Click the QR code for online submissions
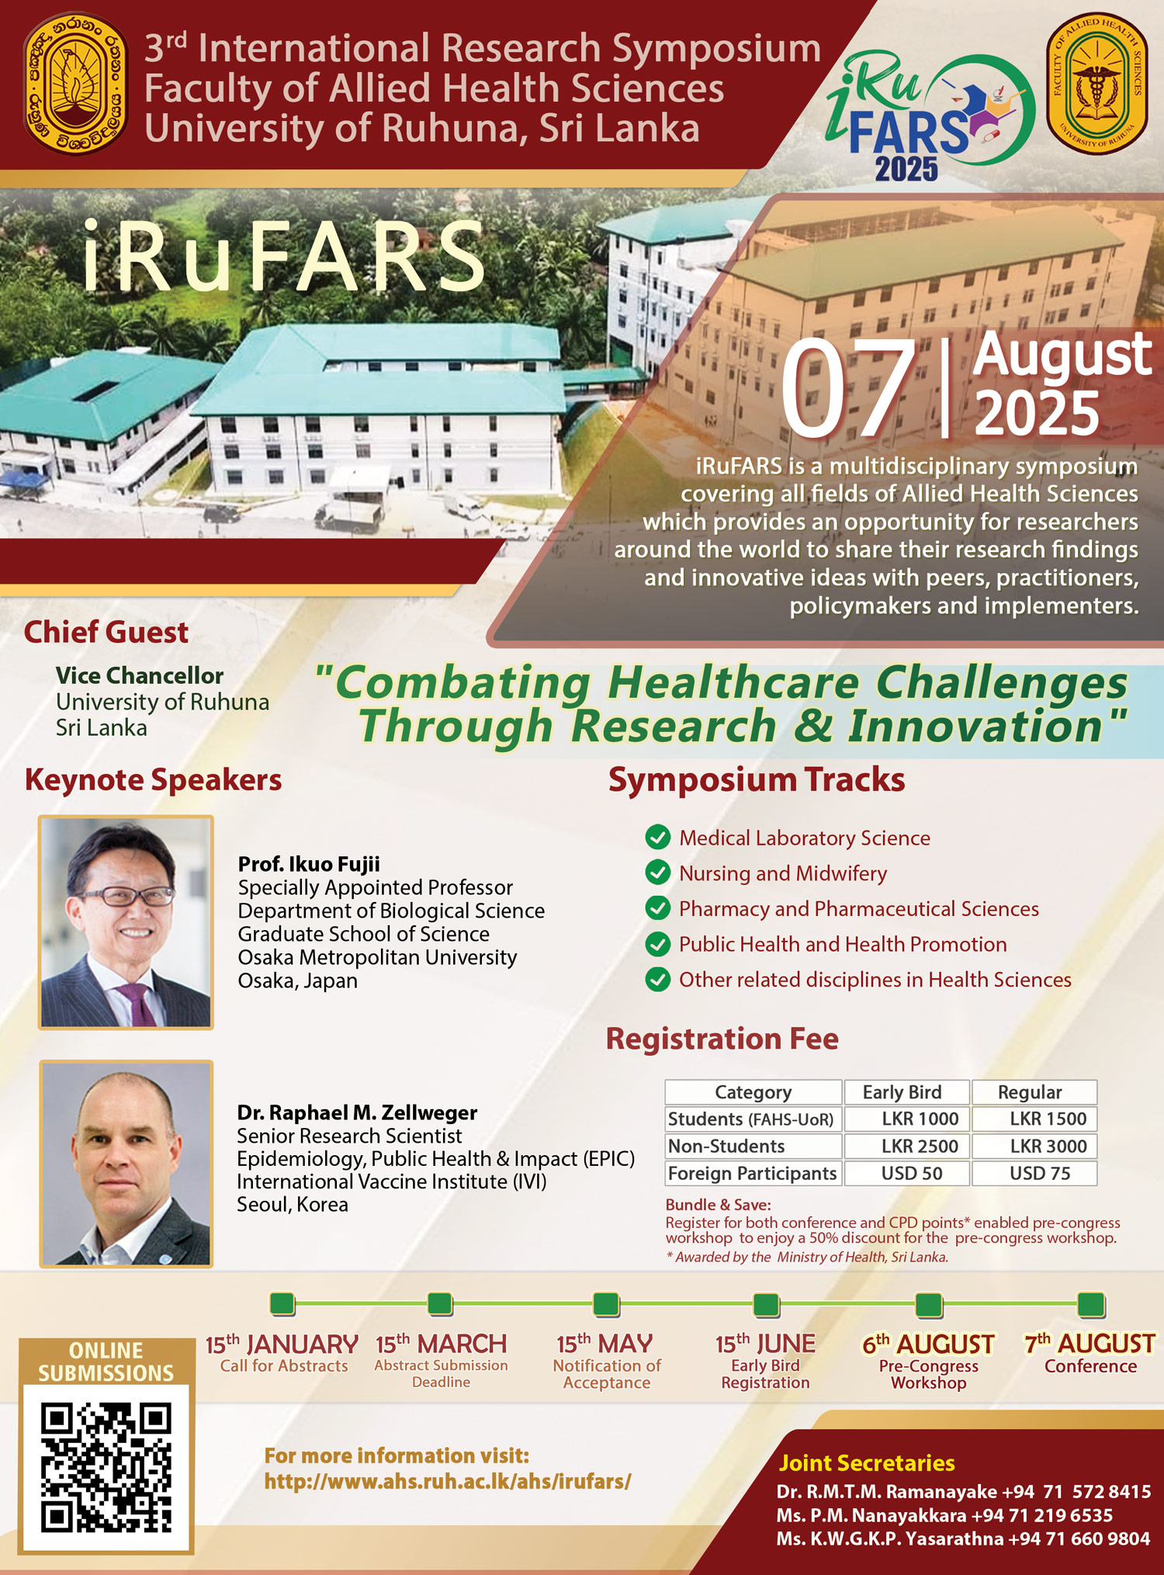tap(106, 1468)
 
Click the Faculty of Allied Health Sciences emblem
tap(1097, 82)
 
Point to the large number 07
tap(848, 389)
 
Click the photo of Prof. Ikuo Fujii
tap(126, 922)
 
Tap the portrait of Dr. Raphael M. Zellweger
tap(126, 1164)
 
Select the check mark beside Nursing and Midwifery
tap(658, 872)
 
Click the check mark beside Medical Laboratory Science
tap(658, 838)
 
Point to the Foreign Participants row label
tap(753, 1173)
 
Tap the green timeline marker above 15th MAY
tap(606, 1304)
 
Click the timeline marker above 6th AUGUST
tap(929, 1305)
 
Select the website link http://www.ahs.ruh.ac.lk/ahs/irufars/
tap(448, 1481)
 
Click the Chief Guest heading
tap(106, 633)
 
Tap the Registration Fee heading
tap(722, 1039)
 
